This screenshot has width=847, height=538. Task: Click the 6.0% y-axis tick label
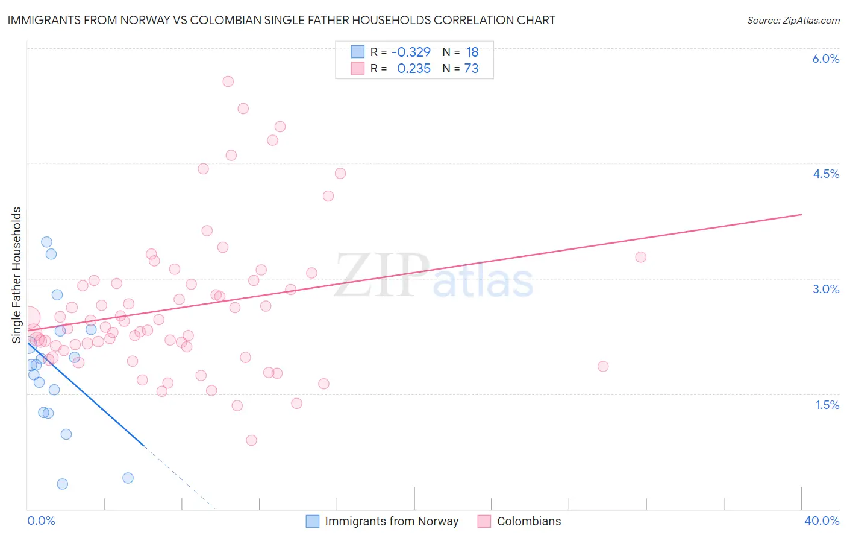825,59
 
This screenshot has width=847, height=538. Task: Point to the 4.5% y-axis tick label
825,174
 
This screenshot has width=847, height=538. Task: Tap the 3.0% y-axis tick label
825,289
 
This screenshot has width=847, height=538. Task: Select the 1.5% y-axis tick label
827,405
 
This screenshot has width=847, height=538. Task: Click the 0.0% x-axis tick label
41,521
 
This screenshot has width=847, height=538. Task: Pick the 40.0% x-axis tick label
821,521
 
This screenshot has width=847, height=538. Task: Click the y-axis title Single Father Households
17,275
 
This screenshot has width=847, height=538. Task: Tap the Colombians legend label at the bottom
528,521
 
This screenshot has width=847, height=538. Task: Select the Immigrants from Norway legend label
392,521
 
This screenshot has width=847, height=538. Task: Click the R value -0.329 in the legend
411,52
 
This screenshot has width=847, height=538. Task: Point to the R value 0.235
414,69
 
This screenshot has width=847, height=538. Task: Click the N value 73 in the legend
471,69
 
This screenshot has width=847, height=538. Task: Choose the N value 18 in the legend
472,52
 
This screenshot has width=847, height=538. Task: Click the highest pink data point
228,81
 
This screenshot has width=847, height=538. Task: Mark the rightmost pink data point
640,257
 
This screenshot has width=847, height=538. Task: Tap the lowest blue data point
62,484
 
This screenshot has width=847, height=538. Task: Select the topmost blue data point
46,242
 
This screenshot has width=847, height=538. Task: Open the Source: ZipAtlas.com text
793,20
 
